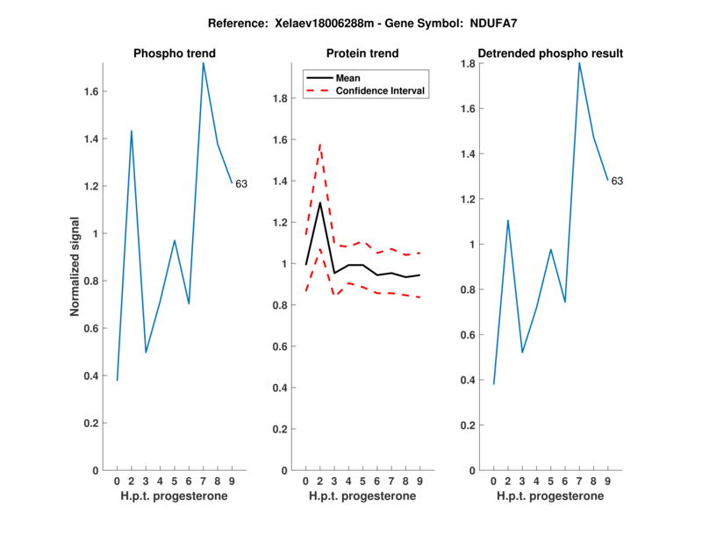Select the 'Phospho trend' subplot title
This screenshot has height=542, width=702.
(174, 53)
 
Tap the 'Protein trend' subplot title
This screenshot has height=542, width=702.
(362, 53)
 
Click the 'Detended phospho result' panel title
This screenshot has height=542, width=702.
(550, 53)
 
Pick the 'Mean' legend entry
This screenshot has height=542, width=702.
(348, 77)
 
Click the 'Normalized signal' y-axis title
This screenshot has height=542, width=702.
(75, 267)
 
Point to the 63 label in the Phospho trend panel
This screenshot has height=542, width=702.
(241, 184)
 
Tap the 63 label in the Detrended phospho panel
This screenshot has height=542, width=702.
(617, 181)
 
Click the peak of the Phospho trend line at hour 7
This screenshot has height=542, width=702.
(203, 62)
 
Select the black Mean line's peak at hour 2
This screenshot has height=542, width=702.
(319, 203)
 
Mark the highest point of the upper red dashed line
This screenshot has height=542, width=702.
(319, 144)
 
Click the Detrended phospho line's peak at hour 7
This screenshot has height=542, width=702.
(579, 62)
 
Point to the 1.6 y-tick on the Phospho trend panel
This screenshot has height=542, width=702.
(90, 91)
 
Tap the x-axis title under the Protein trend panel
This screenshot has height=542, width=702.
(362, 496)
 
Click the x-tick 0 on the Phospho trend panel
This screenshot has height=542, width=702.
(117, 481)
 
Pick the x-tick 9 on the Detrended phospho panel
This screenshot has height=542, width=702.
(608, 481)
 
